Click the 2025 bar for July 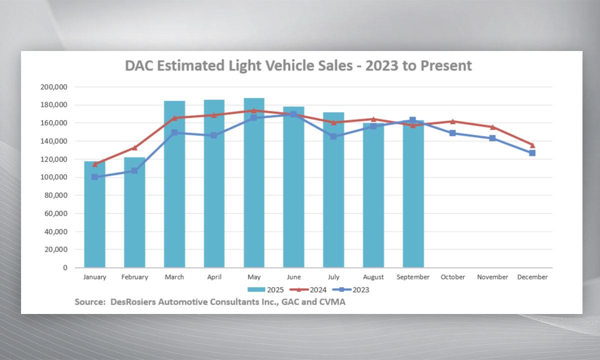coord(333,190)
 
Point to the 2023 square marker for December coord(532,153)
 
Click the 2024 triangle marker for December coord(532,145)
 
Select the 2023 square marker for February coord(134,170)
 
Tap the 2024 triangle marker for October coord(452,121)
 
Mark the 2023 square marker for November coord(492,138)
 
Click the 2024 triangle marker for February coord(134,147)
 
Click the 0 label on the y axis coord(65,268)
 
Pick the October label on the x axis coord(452,277)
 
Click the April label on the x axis coord(214,277)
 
